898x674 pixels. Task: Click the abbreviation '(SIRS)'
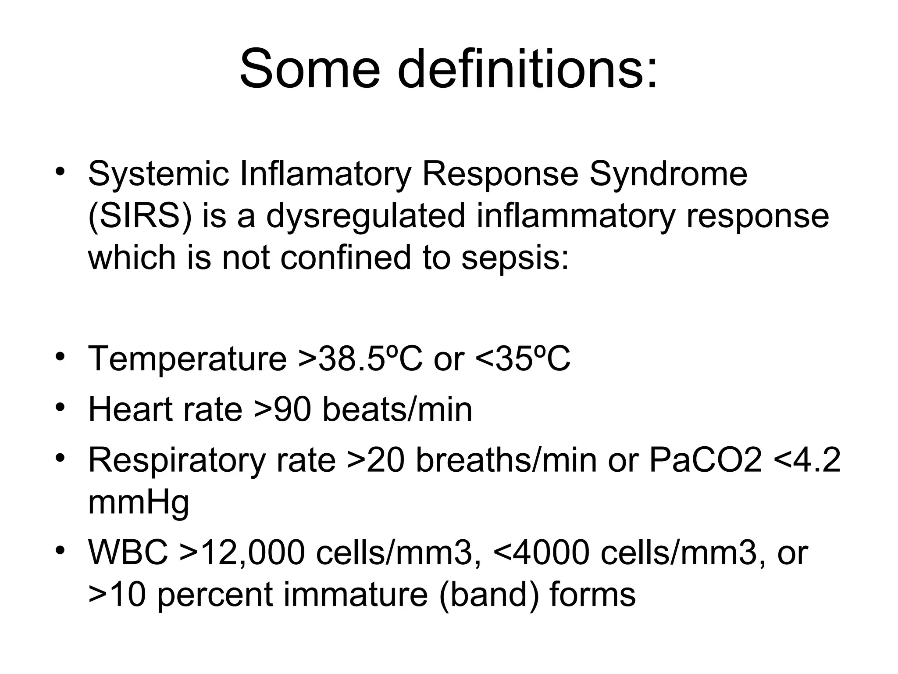tap(140, 216)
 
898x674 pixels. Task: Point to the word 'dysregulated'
tap(365, 216)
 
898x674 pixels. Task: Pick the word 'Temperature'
tap(187, 359)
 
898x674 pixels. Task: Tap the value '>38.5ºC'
tap(360, 359)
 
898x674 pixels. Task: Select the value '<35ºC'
tap(523, 359)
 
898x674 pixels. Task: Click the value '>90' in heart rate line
tap(282, 409)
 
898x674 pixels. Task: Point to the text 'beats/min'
tap(397, 409)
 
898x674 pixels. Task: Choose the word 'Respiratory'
tap(177, 460)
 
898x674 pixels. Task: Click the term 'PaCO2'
tap(706, 460)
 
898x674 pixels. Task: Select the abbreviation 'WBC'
tap(128, 553)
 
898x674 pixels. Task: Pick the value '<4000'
tap(542, 553)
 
